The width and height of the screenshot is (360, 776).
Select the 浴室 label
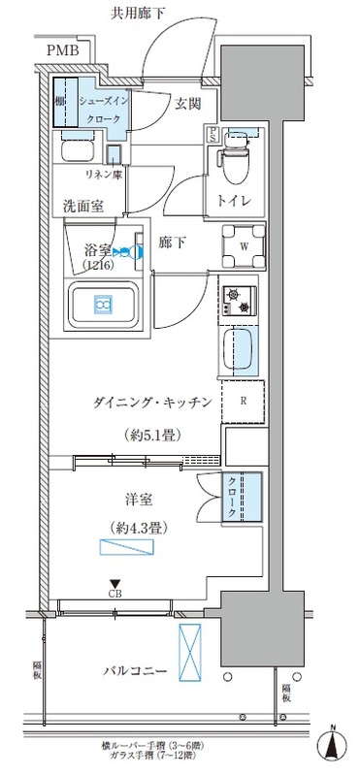[98, 249]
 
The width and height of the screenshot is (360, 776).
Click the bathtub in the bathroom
[103, 306]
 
